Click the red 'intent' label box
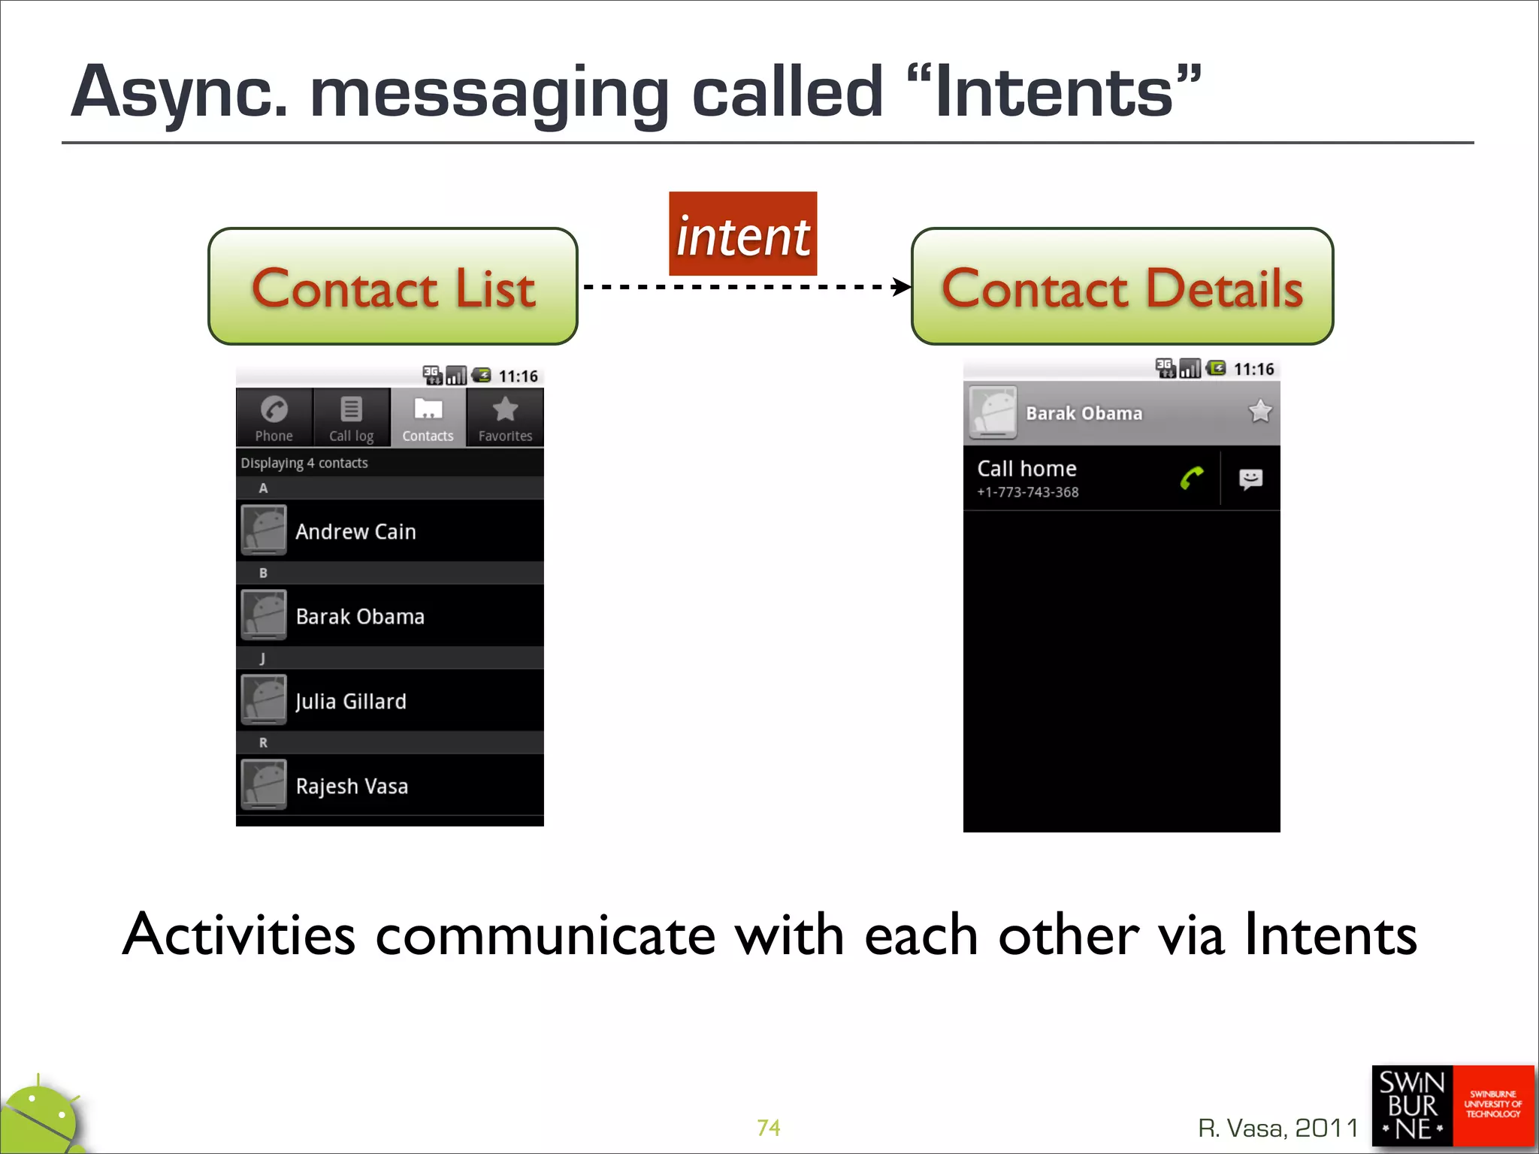pos(742,234)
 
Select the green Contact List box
pos(393,286)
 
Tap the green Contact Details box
pos(1122,286)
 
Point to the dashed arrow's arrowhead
pos(901,286)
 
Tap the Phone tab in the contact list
pos(274,418)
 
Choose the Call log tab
pos(351,418)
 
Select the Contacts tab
pos(428,418)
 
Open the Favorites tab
pos(505,418)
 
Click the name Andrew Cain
pos(355,531)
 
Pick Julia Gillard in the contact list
pos(351,701)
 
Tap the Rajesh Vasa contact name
pos(352,786)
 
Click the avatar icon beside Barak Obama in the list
pos(263,615)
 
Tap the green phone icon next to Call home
pos(1191,478)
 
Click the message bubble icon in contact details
pos(1250,479)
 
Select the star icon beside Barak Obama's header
pos(1259,412)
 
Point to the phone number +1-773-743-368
pos(1027,492)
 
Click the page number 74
pos(768,1128)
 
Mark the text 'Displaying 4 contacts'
pos(304,463)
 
